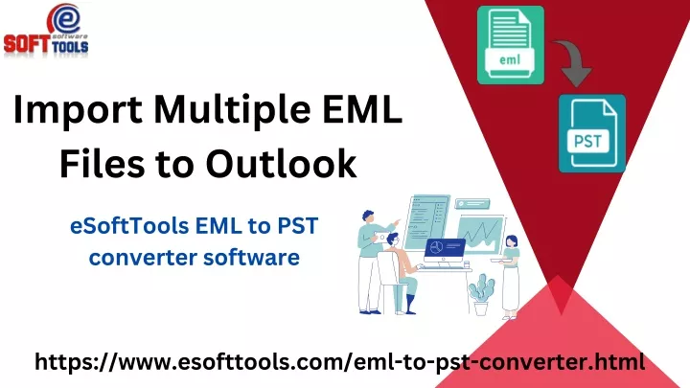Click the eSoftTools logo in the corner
[x=46, y=31]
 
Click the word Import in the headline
[x=78, y=110]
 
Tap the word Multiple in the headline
[x=232, y=110]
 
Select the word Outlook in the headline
[x=281, y=164]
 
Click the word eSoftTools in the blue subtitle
[x=129, y=226]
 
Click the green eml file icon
[x=511, y=45]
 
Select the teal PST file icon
[x=592, y=133]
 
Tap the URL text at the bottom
[x=339, y=362]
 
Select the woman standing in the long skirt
[x=510, y=277]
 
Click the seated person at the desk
[x=402, y=273]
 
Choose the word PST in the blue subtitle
[x=297, y=226]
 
